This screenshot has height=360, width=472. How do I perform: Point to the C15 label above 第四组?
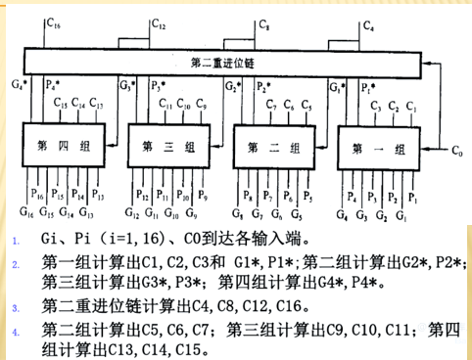pyautogui.click(x=62, y=103)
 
